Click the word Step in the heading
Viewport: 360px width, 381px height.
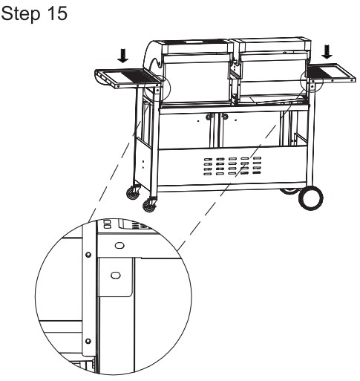pos(20,13)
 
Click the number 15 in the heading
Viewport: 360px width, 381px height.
pos(57,13)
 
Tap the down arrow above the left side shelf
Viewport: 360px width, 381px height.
pos(123,56)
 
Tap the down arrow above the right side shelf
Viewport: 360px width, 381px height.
pos(327,52)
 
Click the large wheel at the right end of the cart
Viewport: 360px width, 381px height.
pos(310,198)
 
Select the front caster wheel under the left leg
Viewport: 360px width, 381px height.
pos(150,205)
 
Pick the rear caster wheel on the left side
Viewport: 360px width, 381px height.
pos(133,192)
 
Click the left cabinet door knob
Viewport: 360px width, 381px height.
pos(209,117)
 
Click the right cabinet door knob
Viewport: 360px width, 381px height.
pos(225,116)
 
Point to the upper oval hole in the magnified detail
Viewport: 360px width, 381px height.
pos(120,246)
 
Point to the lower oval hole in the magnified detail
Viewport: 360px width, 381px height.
pos(116,275)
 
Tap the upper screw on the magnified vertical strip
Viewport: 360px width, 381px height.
pos(88,255)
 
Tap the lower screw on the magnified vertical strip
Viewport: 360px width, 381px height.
pos(88,341)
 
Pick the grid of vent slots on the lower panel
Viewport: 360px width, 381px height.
pos(232,166)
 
